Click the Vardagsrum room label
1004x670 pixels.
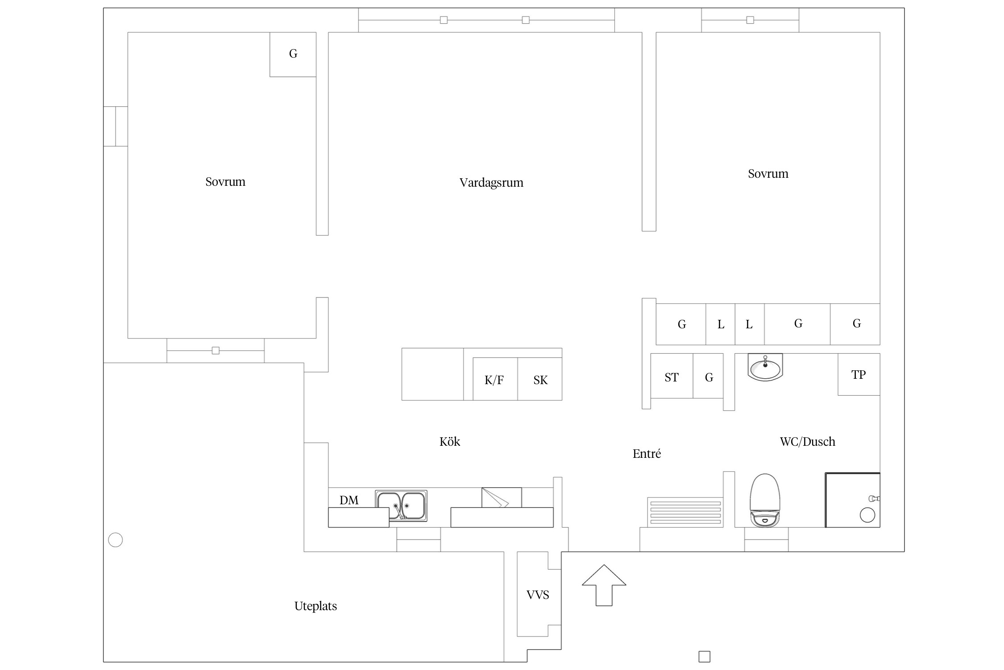tap(491, 183)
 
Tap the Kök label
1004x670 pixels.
tap(449, 442)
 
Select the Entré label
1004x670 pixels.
tap(647, 454)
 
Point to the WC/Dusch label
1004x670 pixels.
tap(807, 442)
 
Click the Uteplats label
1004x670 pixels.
tap(315, 606)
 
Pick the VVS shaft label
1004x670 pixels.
tap(538, 595)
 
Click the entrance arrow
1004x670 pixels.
tap(604, 585)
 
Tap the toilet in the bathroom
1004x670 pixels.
tap(765, 500)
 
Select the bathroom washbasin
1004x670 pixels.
tap(765, 367)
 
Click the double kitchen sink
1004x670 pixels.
tap(401, 506)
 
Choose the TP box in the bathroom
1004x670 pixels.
tap(859, 374)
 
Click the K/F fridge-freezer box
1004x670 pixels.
tap(495, 379)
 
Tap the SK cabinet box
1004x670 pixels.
tap(540, 379)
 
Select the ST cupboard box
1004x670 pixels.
tap(672, 376)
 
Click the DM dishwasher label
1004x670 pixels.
tap(349, 500)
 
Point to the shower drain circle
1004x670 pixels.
tap(867, 515)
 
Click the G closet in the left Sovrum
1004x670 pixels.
tap(293, 54)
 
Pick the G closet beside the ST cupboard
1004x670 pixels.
tap(708, 376)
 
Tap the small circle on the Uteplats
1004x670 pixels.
tap(116, 540)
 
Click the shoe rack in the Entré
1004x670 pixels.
tap(685, 512)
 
